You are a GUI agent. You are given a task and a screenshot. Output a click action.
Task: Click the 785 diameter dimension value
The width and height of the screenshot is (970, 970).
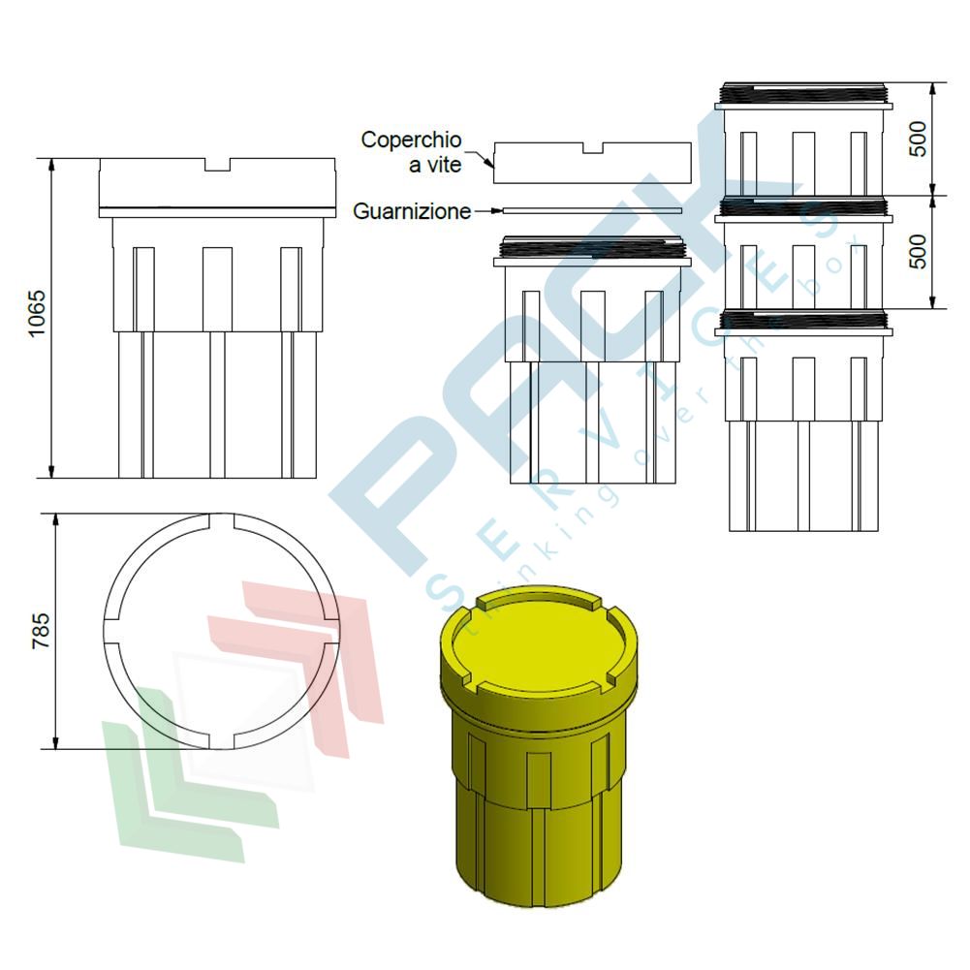[x=41, y=631]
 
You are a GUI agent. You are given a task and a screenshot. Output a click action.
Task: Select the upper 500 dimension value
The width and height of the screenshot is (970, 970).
[x=920, y=140]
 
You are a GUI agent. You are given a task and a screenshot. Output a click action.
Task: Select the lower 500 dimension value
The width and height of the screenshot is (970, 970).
[x=920, y=251]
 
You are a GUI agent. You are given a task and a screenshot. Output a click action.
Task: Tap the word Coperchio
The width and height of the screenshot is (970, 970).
[x=411, y=140]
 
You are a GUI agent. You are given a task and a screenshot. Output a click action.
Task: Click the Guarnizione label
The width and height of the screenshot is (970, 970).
[x=412, y=211]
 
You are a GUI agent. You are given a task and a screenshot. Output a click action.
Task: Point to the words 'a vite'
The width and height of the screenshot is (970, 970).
[x=435, y=165]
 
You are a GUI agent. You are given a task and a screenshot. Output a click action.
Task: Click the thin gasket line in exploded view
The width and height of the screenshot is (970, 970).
[x=592, y=210]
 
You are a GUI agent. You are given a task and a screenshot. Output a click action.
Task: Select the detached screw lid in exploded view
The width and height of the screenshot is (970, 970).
[x=592, y=163]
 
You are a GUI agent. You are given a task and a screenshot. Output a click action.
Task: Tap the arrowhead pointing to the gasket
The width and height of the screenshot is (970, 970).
[x=496, y=211]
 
